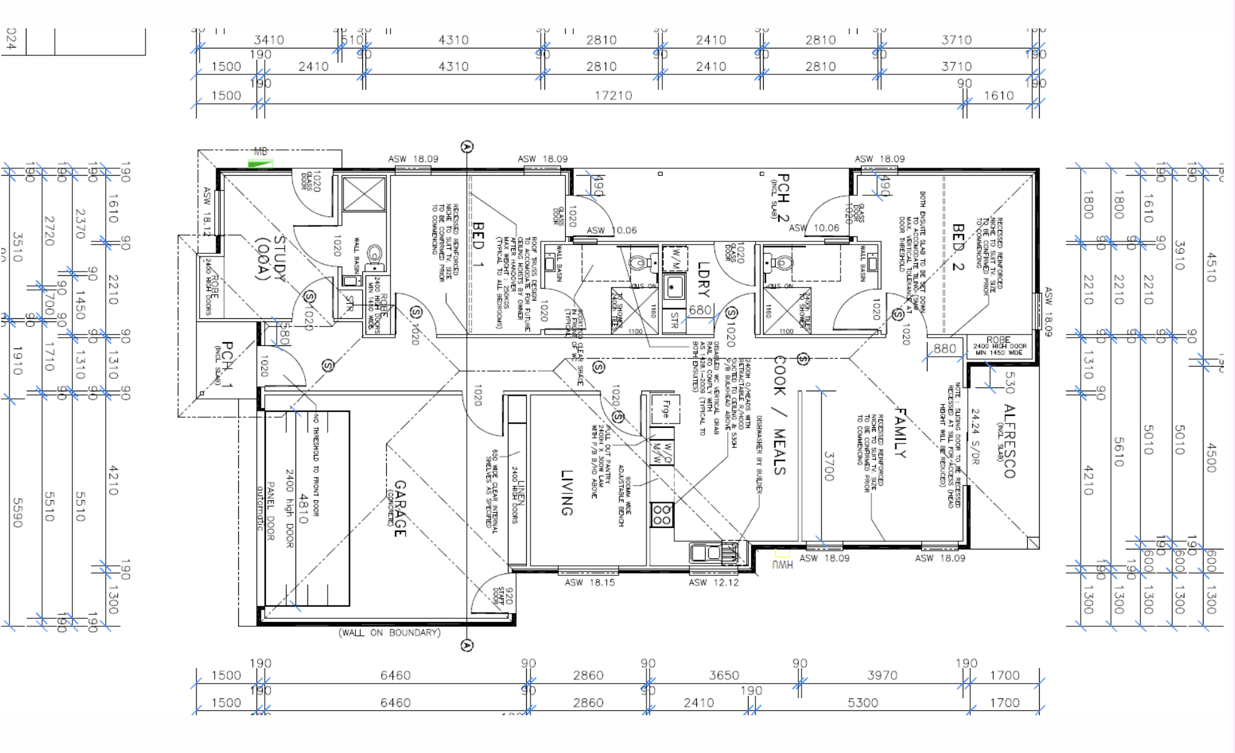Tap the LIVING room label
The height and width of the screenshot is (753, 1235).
point(566,492)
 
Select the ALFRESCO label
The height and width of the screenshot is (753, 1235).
point(1009,441)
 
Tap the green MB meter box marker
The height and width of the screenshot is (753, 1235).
point(260,164)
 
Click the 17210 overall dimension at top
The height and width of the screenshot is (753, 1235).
point(613,95)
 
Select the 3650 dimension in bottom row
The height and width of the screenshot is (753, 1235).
point(724,675)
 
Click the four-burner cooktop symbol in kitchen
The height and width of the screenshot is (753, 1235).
point(662,514)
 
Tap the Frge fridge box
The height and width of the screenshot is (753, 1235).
point(665,410)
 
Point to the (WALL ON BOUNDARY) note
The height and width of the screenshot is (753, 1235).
point(389,632)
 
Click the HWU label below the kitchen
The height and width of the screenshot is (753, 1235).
point(782,564)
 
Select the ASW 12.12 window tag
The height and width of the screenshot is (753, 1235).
point(713,582)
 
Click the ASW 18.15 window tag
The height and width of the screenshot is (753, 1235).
point(589,582)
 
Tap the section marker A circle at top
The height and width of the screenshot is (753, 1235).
point(467,147)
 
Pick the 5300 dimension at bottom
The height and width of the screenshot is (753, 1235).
point(862,703)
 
